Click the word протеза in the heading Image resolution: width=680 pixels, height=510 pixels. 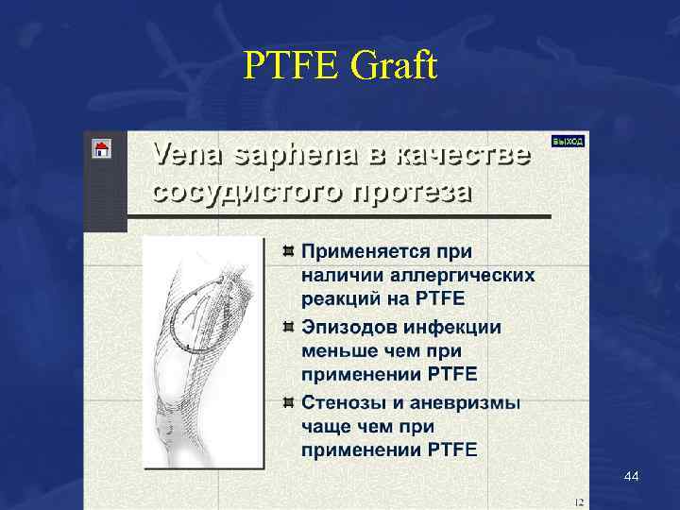click(413, 191)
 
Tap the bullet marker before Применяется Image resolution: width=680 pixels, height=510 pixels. click(288, 251)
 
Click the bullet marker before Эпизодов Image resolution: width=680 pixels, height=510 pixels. click(288, 327)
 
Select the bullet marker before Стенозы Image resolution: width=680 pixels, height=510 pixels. click(288, 401)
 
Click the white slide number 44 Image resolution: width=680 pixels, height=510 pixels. click(631, 478)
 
